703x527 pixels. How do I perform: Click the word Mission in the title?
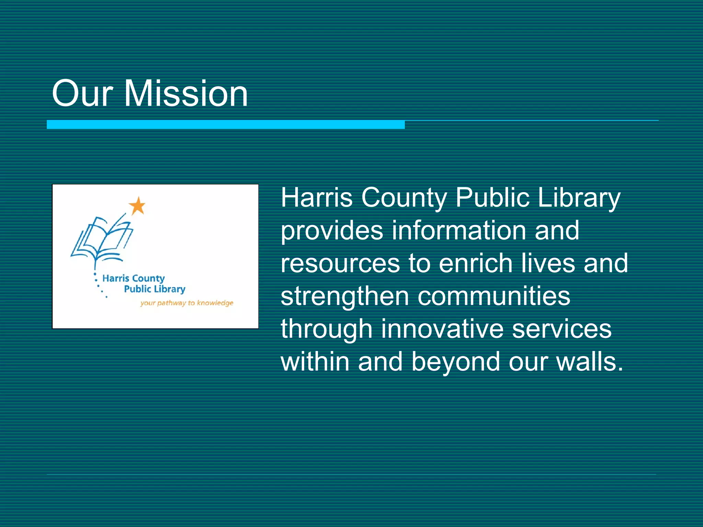pyautogui.click(x=186, y=93)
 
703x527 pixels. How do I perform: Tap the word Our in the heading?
pyautogui.click(x=82, y=93)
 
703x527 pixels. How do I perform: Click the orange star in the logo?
pyautogui.click(x=137, y=206)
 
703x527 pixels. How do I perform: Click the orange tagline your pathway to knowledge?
pyautogui.click(x=187, y=303)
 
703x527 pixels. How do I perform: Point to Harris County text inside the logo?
pyautogui.click(x=134, y=278)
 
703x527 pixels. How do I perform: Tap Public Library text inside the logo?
pyautogui.click(x=154, y=289)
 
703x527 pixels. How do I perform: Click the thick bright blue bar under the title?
pyautogui.click(x=226, y=125)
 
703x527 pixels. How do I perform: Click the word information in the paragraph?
pyautogui.click(x=459, y=230)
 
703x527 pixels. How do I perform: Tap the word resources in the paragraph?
pyautogui.click(x=340, y=263)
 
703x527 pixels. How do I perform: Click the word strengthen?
pyautogui.click(x=345, y=296)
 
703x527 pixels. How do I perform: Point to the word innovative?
pyautogui.click(x=442, y=329)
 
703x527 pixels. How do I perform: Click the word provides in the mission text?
pyautogui.click(x=332, y=231)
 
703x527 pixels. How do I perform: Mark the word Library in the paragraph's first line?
pyautogui.click(x=579, y=198)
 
